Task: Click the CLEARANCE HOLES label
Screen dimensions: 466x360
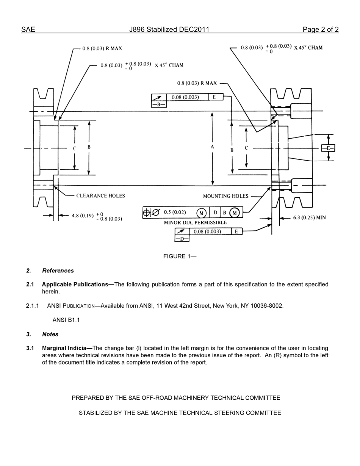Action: (x=100, y=196)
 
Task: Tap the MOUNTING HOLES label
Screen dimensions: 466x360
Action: (x=226, y=196)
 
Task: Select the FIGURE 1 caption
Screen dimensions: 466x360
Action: (x=180, y=256)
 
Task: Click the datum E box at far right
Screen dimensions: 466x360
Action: (x=328, y=148)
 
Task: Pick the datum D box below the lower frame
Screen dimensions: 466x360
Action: (x=182, y=239)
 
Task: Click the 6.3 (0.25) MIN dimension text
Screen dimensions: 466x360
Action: (x=309, y=218)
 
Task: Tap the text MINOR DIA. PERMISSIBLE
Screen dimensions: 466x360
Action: (x=195, y=223)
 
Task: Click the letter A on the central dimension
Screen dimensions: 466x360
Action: (x=212, y=147)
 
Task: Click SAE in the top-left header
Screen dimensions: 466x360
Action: (x=28, y=30)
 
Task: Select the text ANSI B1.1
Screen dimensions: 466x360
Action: (x=66, y=320)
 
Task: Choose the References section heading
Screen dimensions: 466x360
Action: (x=58, y=271)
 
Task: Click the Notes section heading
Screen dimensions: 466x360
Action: (x=50, y=334)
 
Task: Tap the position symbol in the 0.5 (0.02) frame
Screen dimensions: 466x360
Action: (x=147, y=213)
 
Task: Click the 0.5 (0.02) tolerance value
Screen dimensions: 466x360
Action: (x=175, y=213)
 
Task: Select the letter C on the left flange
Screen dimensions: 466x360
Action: (x=75, y=149)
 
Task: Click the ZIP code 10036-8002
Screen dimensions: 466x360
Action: (x=267, y=306)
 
